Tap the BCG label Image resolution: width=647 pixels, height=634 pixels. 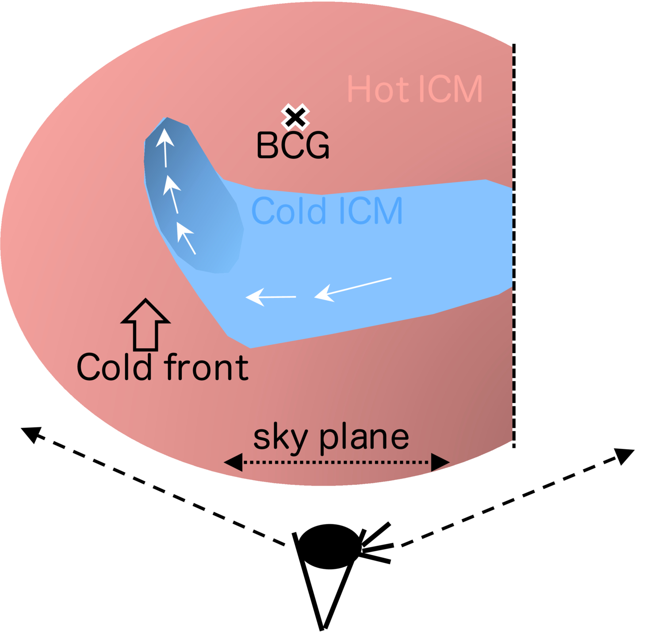pos(293,145)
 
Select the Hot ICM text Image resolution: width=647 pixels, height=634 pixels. pos(415,89)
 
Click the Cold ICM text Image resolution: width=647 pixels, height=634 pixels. pos(327,211)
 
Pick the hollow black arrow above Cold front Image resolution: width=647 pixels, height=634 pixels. pos(145,325)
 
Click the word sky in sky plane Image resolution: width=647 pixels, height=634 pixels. pos(280,438)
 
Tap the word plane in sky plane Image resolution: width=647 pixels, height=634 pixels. pos(364,438)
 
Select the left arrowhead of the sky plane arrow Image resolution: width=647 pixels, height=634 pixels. pos(233,462)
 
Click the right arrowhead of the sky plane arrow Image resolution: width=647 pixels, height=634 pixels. pos(440,462)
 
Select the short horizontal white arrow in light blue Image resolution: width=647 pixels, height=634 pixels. pos(271,296)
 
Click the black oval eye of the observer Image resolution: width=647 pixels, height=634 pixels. pos(329,546)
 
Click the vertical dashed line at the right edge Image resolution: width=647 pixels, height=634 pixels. pos(514,246)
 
